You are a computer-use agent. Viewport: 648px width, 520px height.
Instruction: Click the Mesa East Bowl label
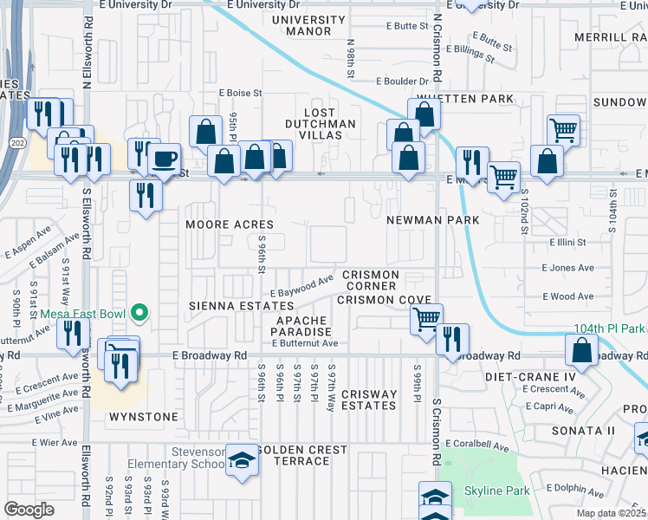(83, 313)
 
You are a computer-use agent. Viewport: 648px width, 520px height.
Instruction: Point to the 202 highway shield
(16, 141)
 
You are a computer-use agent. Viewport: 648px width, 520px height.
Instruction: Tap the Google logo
(29, 510)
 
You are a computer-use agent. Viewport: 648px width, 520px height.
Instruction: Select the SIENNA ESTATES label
(242, 307)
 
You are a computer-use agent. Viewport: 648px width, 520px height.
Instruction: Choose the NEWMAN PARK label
(434, 221)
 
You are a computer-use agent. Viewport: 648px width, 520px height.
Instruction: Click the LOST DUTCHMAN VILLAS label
(321, 119)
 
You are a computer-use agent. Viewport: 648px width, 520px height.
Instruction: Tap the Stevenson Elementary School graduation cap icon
(243, 460)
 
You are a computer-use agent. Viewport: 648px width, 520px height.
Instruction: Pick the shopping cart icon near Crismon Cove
(426, 318)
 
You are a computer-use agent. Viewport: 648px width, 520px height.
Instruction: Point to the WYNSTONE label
(144, 417)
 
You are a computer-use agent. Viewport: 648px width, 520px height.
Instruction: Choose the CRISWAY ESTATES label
(369, 400)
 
